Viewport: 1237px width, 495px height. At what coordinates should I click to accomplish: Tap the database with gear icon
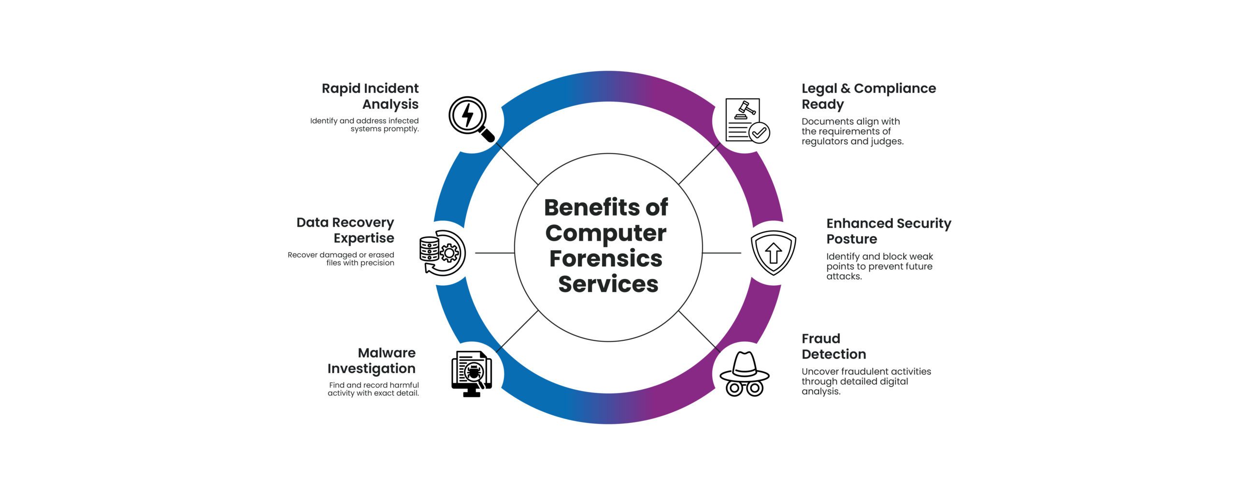click(x=442, y=252)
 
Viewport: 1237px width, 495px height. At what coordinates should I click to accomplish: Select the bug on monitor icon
click(x=471, y=373)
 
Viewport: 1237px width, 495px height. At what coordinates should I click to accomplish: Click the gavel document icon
click(x=746, y=121)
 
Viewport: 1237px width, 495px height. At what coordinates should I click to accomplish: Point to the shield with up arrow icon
click(x=773, y=252)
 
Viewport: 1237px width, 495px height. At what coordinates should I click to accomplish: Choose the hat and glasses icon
click(x=744, y=374)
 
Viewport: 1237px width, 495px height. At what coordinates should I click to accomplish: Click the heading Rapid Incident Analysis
click(x=371, y=96)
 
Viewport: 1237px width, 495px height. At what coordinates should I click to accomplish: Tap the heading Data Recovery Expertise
click(x=345, y=230)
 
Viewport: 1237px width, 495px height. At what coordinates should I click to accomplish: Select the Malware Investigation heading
click(x=372, y=361)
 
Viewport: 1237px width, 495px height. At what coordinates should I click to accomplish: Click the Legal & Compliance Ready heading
click(x=868, y=96)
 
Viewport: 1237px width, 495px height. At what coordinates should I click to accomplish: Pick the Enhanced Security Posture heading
click(x=888, y=231)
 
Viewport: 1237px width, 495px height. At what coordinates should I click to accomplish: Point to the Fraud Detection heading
click(x=834, y=346)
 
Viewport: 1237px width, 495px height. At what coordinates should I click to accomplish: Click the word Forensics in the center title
click(x=605, y=259)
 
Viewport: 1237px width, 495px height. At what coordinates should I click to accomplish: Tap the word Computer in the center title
click(x=605, y=233)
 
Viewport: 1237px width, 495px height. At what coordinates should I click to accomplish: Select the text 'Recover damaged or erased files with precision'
click(x=341, y=259)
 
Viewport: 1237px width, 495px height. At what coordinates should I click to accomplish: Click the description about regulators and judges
click(x=852, y=131)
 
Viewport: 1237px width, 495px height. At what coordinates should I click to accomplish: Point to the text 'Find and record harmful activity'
click(x=374, y=389)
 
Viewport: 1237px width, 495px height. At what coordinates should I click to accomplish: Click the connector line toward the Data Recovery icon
click(x=494, y=253)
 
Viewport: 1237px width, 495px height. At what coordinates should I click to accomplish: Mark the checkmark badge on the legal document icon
click(x=759, y=132)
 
